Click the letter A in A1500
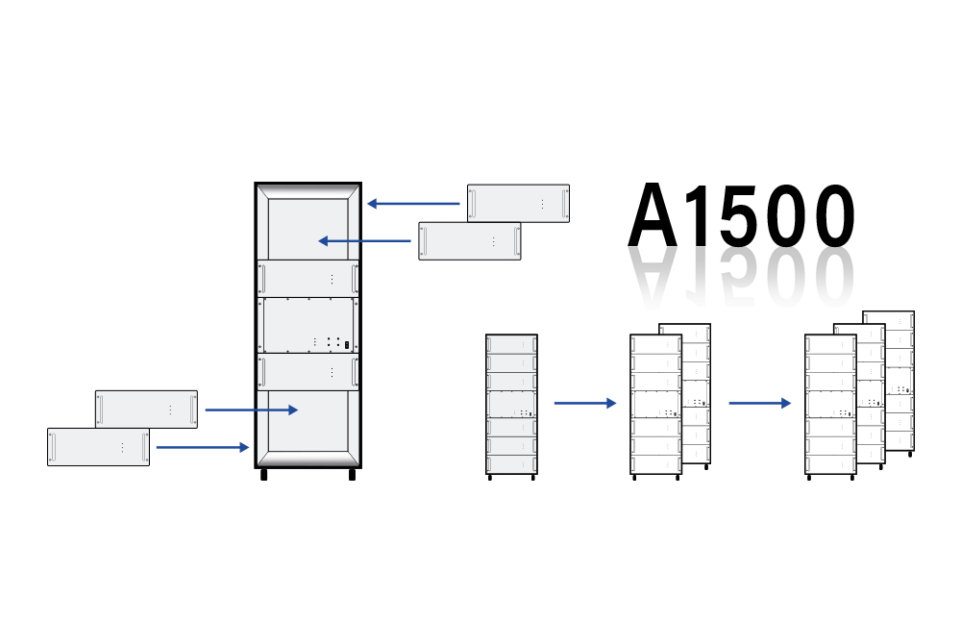(653, 214)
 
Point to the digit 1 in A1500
(699, 214)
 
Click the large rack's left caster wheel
(264, 475)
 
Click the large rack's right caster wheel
(352, 475)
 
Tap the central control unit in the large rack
(308, 326)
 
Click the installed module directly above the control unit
(308, 279)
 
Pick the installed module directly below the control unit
(308, 372)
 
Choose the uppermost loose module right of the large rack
(519, 204)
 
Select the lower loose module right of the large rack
(470, 241)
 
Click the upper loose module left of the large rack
(146, 410)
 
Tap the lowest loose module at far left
(99, 447)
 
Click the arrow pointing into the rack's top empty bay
(364, 241)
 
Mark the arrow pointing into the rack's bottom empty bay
(251, 410)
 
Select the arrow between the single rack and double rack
(585, 403)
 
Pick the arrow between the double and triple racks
(760, 403)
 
